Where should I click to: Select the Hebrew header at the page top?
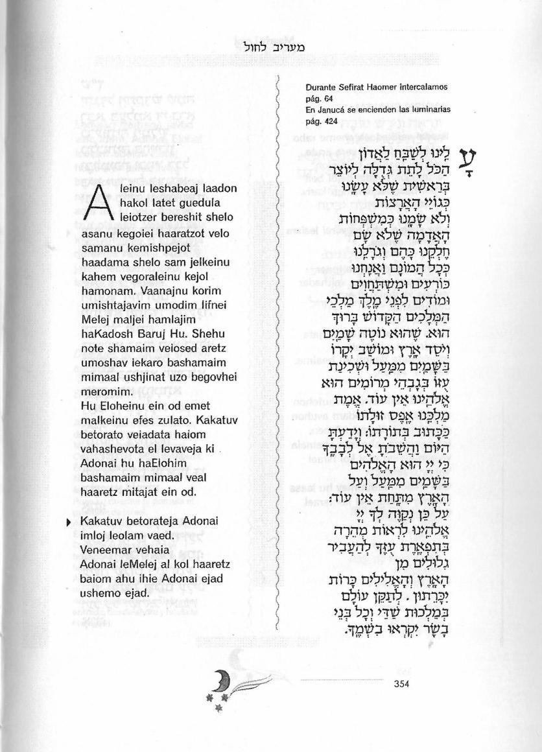271,47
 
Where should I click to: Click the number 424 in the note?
330,121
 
